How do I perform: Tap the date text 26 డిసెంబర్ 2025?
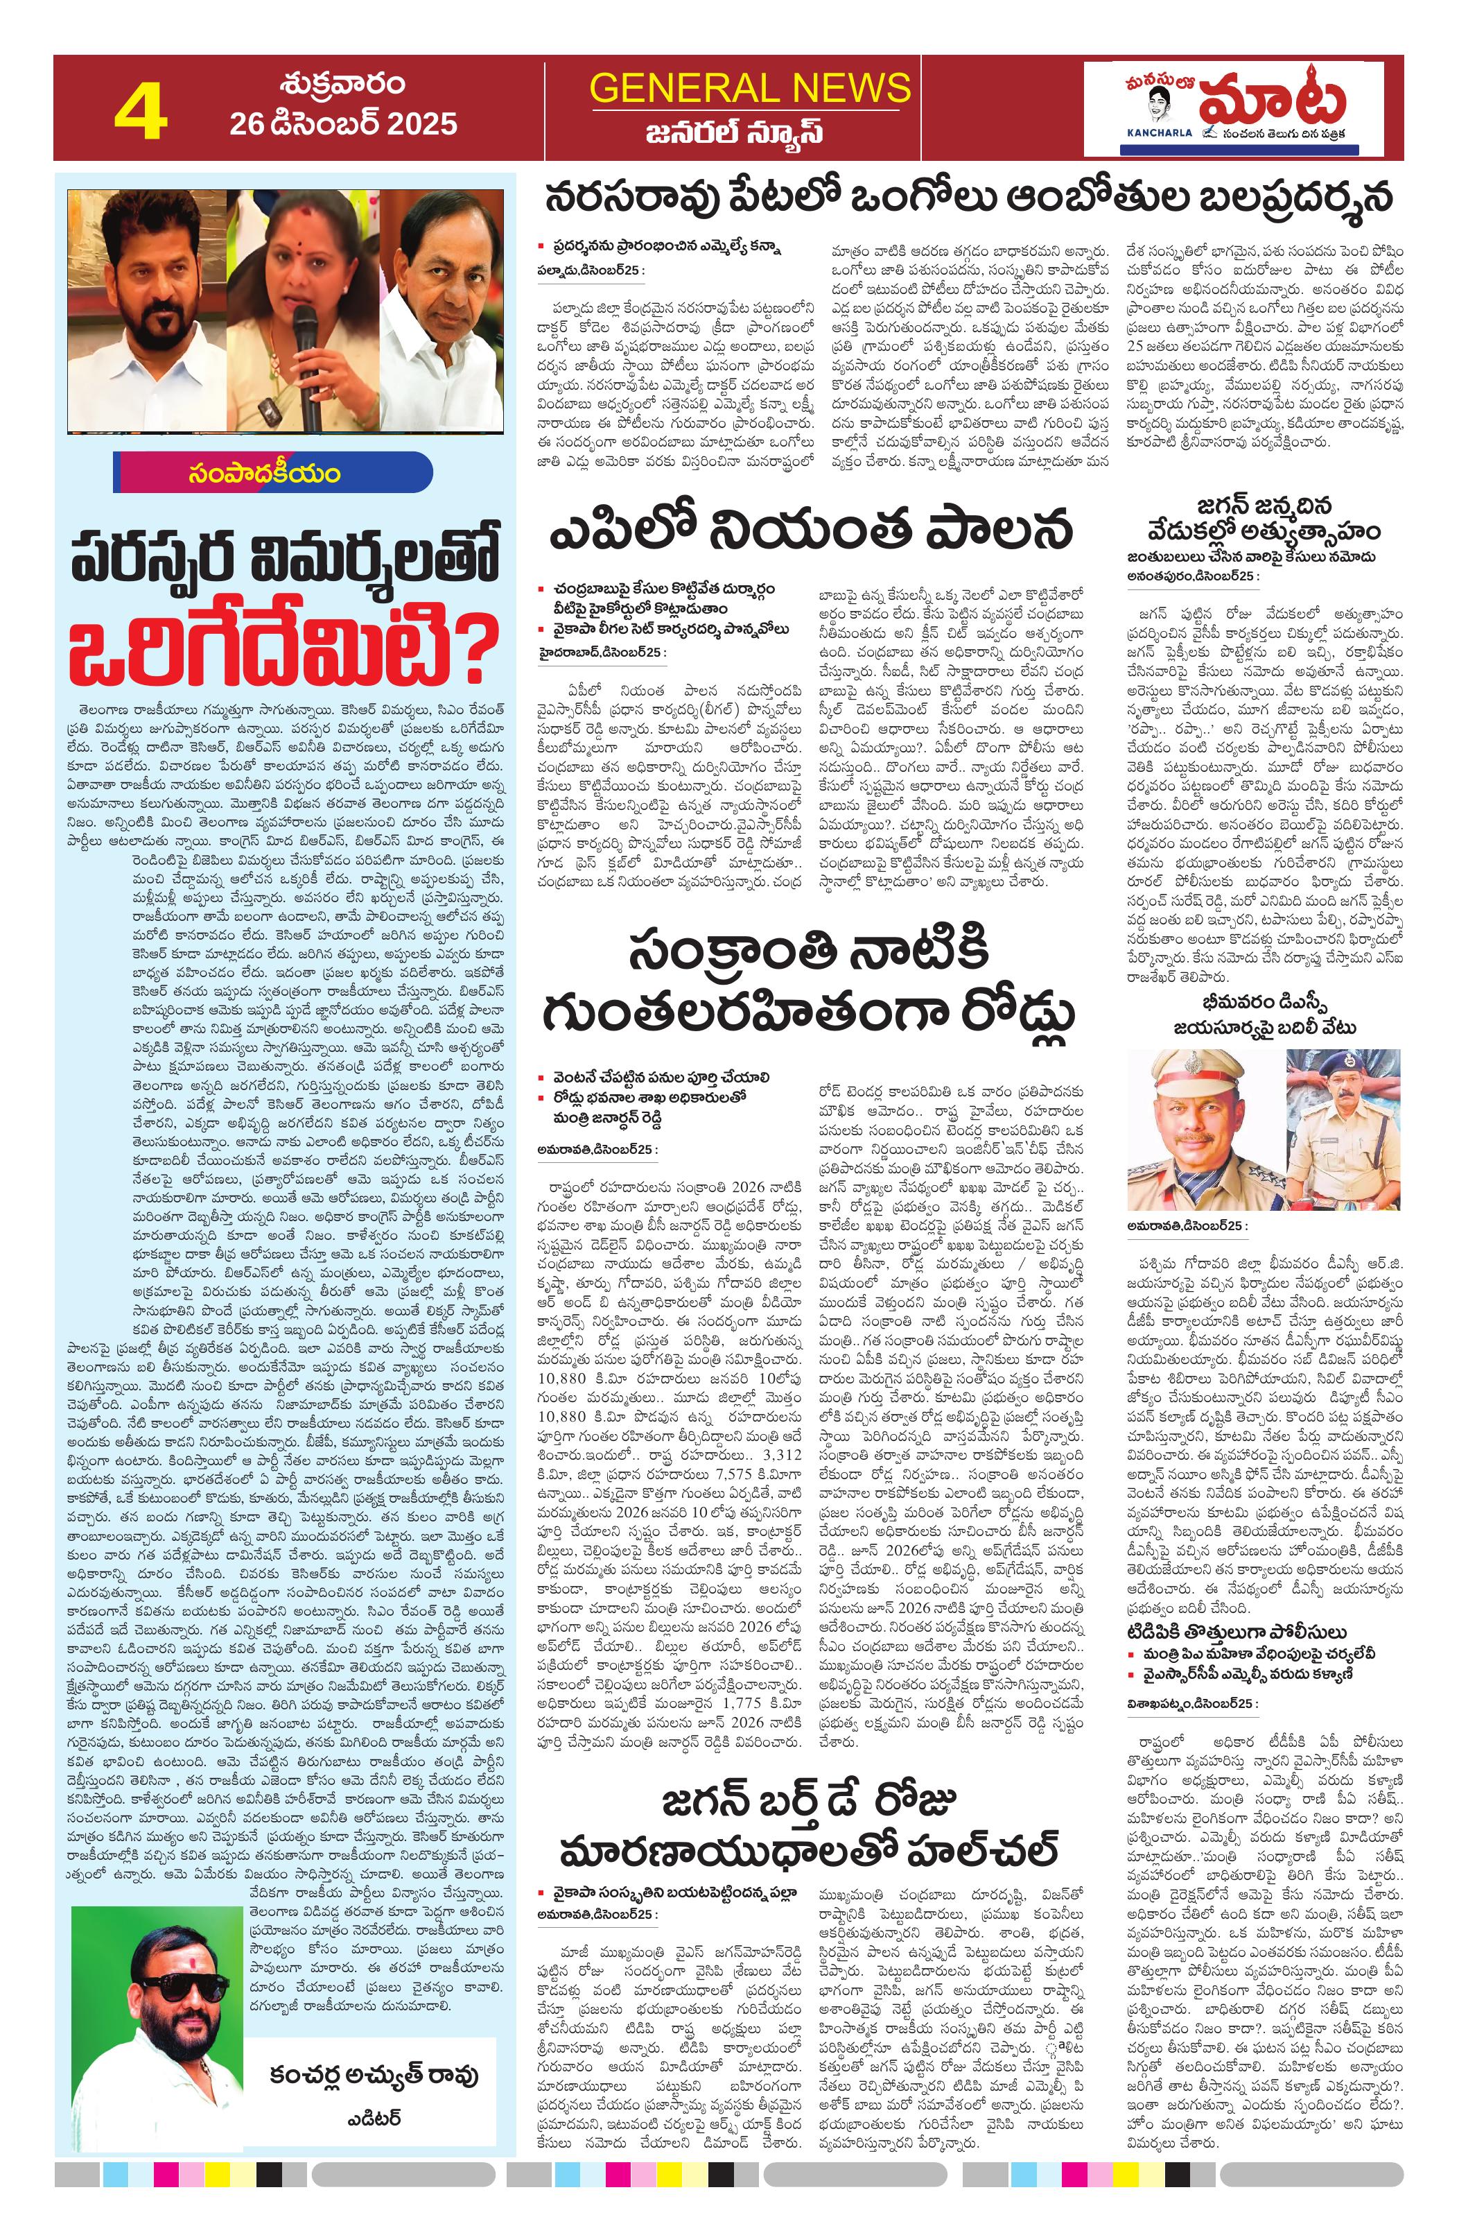(344, 123)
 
